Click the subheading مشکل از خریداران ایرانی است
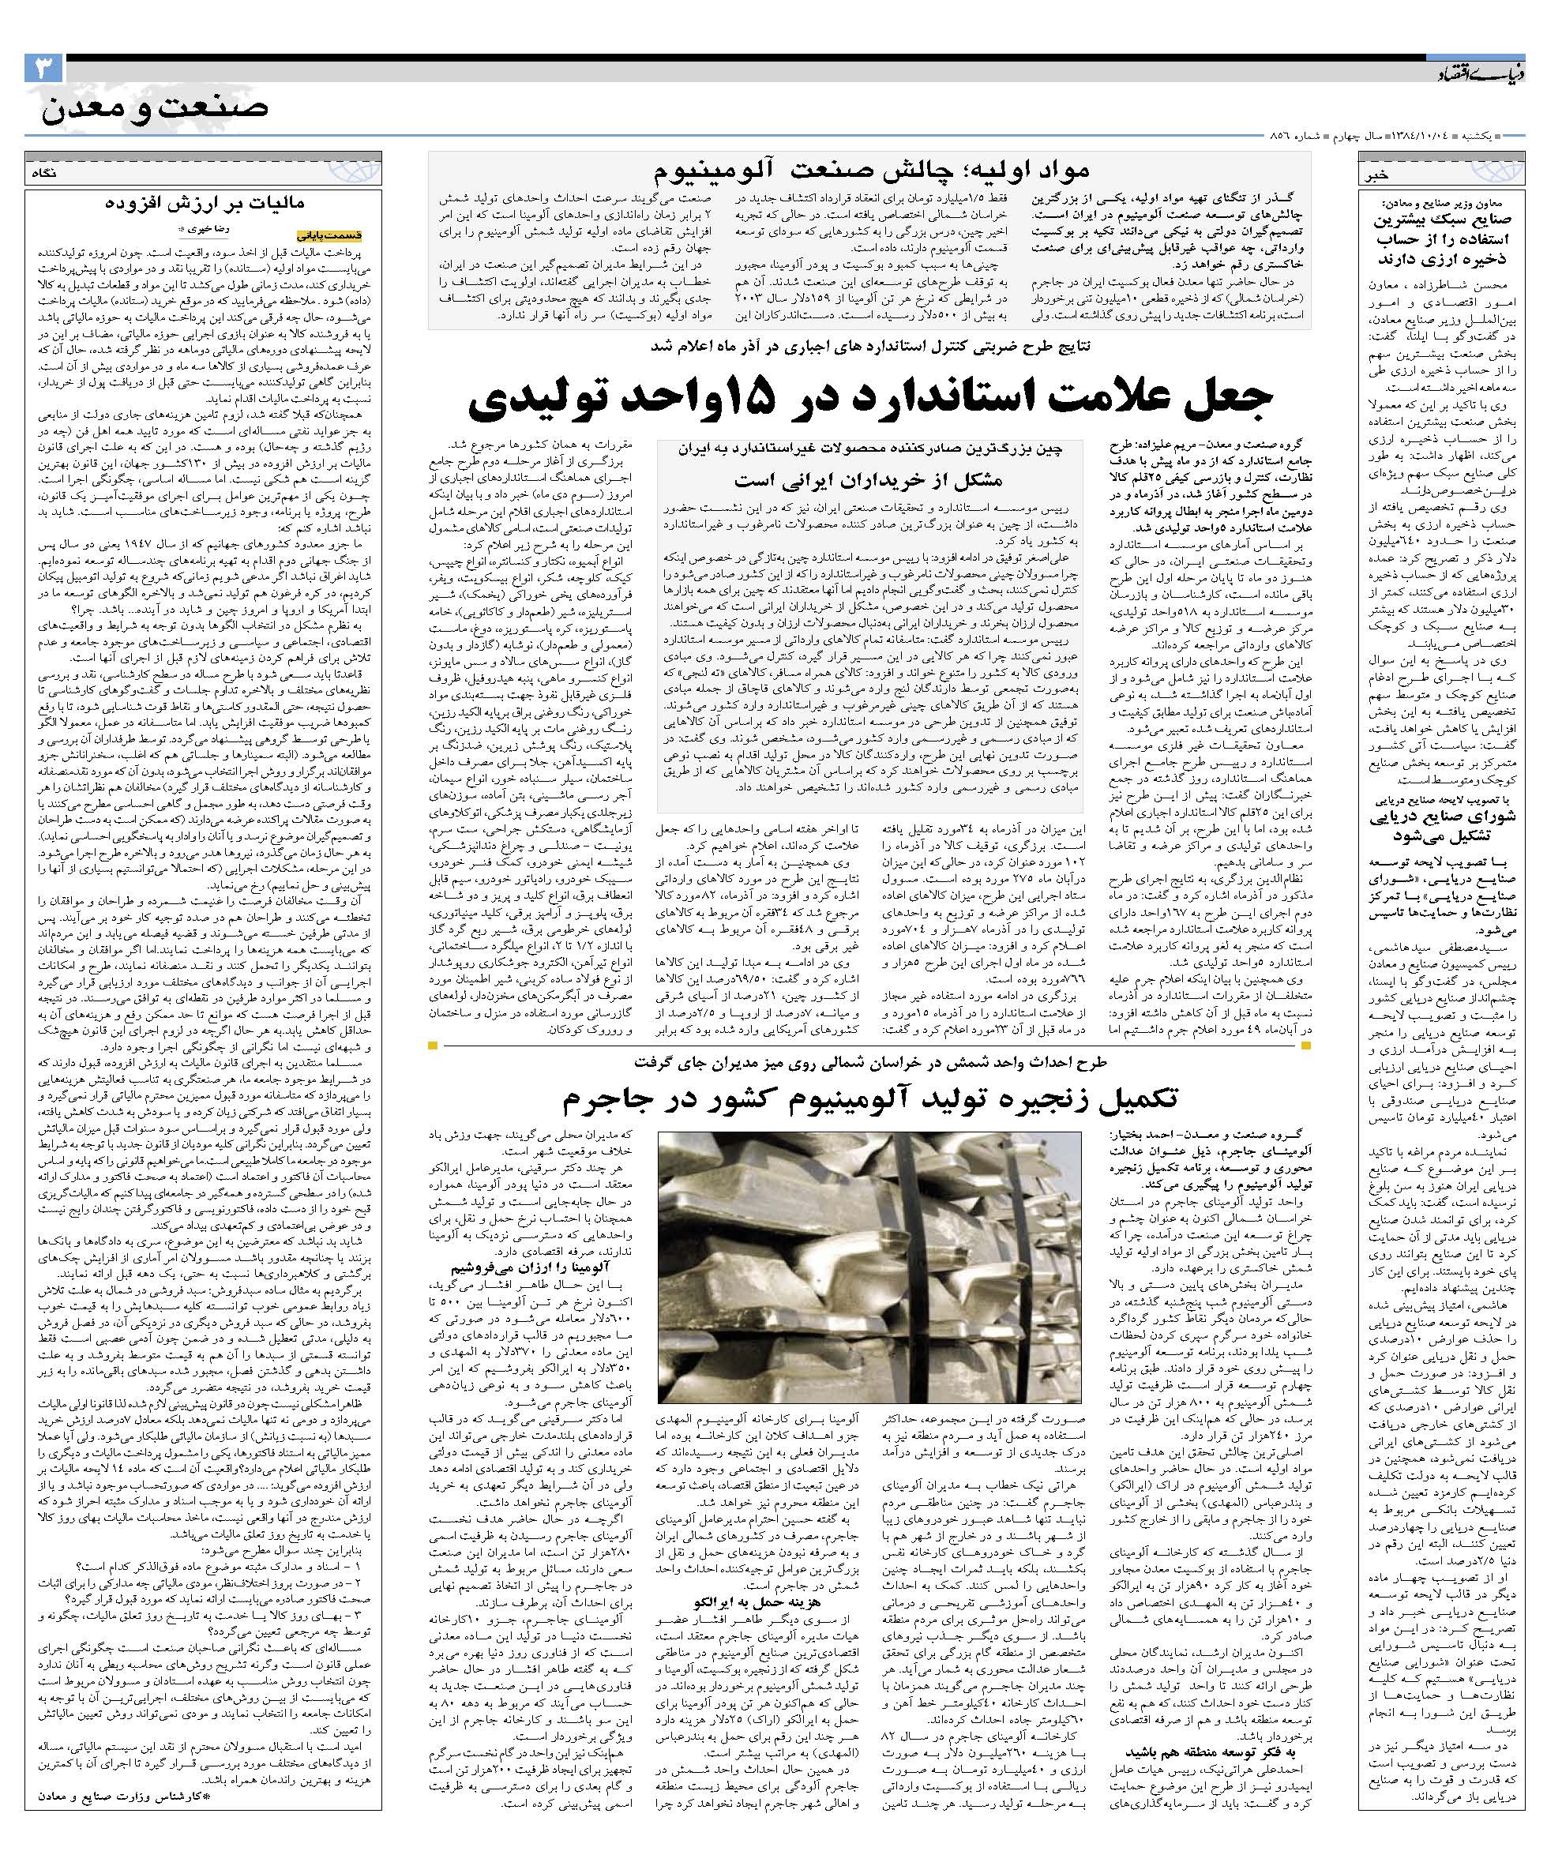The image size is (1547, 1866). [867, 480]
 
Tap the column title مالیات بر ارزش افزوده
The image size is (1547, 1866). [205, 204]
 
